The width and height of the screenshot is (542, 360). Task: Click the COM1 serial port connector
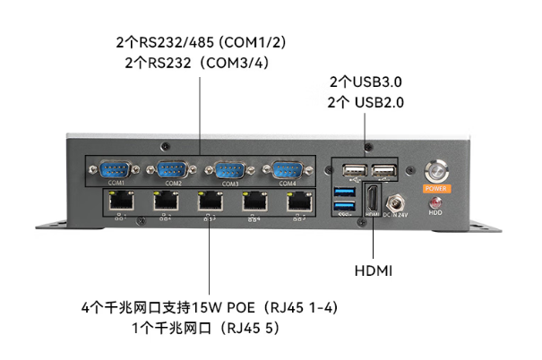pos(116,169)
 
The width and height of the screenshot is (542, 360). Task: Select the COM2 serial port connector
pos(174,169)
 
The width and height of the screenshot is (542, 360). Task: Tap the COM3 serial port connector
pos(230,169)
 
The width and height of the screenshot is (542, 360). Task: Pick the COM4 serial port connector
pos(287,169)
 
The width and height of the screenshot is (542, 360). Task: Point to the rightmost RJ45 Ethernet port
pos(298,203)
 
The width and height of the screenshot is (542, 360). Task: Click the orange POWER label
pos(436,189)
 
